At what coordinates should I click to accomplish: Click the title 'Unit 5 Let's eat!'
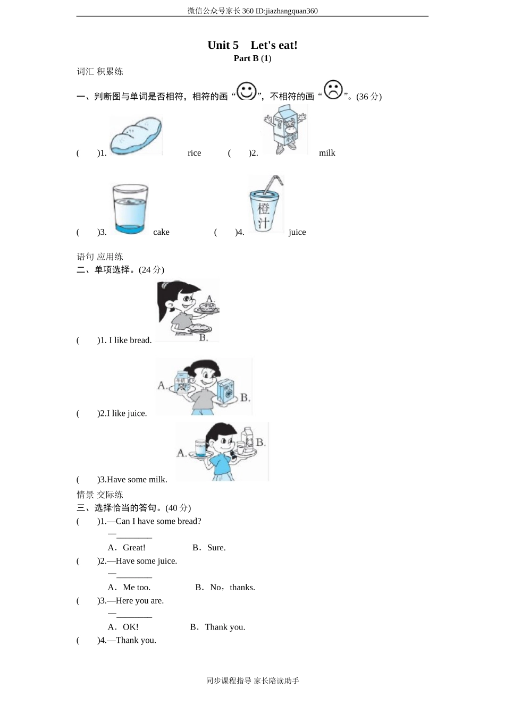point(252,45)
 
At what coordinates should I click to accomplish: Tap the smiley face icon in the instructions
point(247,91)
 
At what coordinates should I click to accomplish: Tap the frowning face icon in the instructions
point(333,89)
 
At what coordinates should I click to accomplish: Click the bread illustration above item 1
point(136,137)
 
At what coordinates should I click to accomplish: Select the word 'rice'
point(194,153)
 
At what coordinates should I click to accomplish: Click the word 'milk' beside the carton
point(327,153)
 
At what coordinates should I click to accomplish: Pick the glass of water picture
point(129,209)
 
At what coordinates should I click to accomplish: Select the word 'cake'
point(161,232)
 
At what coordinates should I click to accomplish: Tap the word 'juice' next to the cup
point(297,232)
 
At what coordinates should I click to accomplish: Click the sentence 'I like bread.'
point(130,341)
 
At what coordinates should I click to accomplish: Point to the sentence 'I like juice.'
point(127,413)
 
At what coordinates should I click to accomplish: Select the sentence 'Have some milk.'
point(137,480)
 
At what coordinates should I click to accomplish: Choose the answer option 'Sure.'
point(216,548)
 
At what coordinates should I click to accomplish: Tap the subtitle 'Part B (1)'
point(252,58)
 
